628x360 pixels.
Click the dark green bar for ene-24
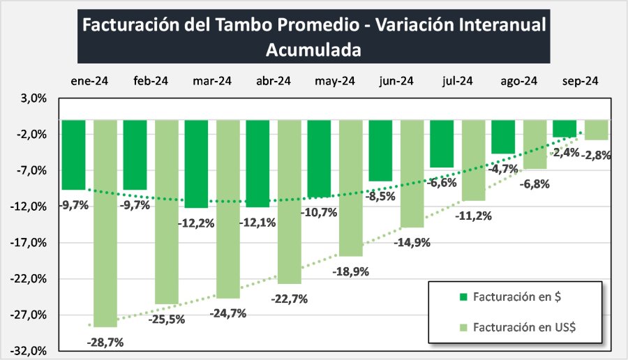(x=74, y=155)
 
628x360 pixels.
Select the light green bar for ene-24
(x=105, y=223)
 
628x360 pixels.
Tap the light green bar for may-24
(x=351, y=188)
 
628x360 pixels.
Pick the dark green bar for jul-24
(x=442, y=144)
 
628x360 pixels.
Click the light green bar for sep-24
(x=596, y=130)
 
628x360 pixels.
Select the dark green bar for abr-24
(x=258, y=163)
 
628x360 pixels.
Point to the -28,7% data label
(x=105, y=342)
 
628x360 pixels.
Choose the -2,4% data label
(x=565, y=152)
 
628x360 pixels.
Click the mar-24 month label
(x=211, y=81)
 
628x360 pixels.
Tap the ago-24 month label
(x=518, y=81)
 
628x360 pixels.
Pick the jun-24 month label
(x=396, y=81)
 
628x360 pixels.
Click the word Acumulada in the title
(x=313, y=50)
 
